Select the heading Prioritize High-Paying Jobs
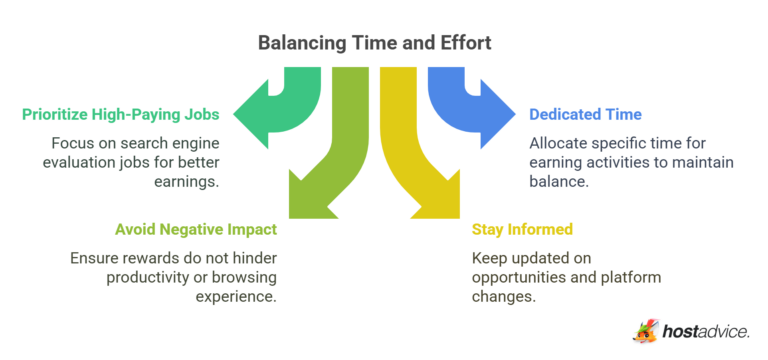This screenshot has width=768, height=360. (x=123, y=115)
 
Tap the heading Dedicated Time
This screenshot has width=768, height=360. (x=585, y=115)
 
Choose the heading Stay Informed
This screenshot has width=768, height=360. (x=522, y=229)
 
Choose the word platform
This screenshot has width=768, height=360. (x=633, y=277)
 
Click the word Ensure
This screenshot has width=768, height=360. (x=96, y=257)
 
